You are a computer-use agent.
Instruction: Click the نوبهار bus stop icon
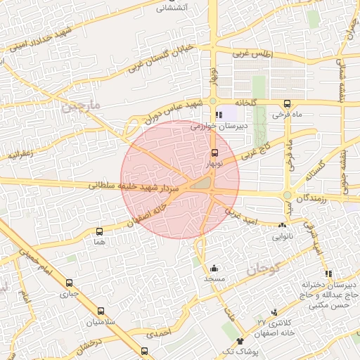coord(214,153)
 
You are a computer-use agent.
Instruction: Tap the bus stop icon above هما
coord(98,231)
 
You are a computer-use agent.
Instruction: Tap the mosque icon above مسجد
coord(214,268)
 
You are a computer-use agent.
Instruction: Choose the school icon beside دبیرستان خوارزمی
coord(219,115)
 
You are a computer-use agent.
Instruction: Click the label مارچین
coord(81,108)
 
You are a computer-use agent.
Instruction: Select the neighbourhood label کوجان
coord(264,268)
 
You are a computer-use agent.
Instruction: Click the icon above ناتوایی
coord(282,226)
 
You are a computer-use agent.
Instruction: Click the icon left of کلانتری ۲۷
coord(274,311)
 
